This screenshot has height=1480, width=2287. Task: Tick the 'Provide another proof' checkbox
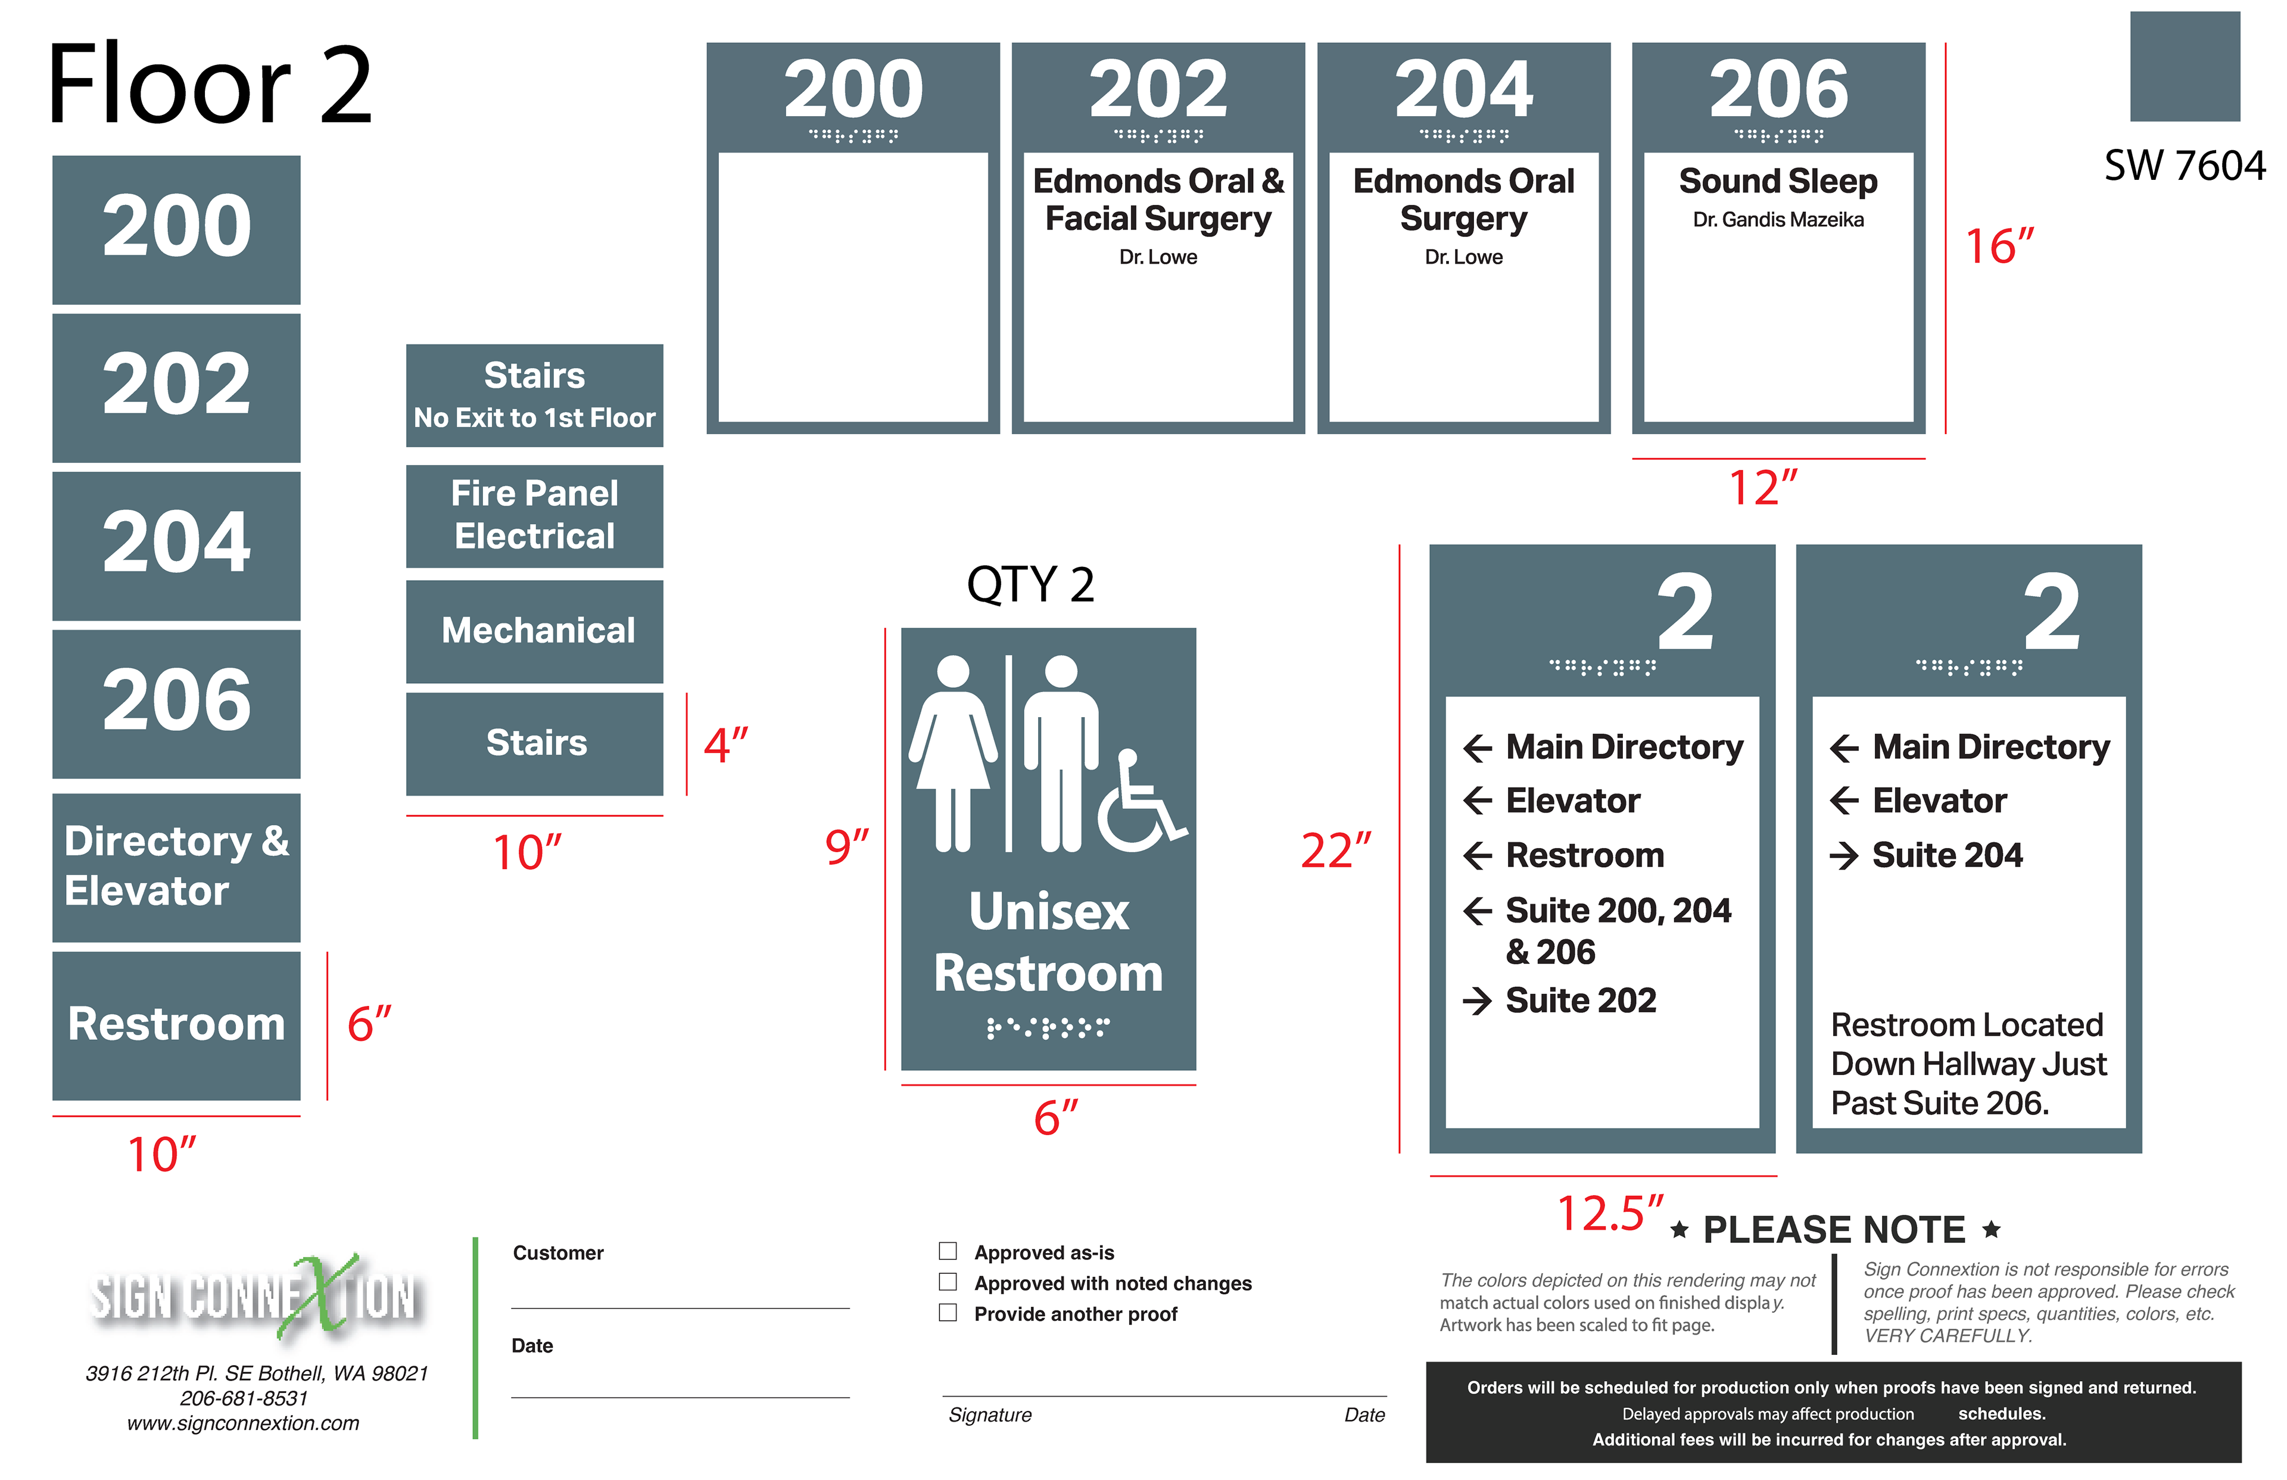(x=948, y=1312)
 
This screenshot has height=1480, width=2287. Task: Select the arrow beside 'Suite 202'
(x=1477, y=1001)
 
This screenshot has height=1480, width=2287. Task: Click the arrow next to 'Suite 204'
(x=1844, y=855)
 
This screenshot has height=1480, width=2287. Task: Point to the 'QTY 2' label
(x=1030, y=584)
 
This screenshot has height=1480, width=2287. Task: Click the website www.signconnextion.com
(x=243, y=1423)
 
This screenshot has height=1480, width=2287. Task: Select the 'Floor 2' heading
(x=210, y=86)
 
